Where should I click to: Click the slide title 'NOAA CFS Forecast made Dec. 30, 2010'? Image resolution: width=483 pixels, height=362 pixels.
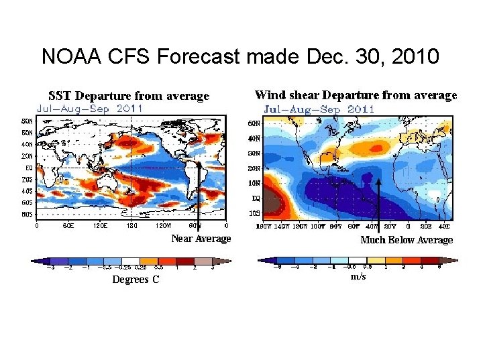pos(240,56)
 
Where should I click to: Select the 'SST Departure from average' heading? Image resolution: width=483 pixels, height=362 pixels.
pos(129,97)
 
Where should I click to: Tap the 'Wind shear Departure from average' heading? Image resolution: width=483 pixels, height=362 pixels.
pos(356,96)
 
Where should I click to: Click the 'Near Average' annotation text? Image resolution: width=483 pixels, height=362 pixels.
pos(201,239)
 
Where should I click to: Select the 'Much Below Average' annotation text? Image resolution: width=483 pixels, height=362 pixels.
pos(407,239)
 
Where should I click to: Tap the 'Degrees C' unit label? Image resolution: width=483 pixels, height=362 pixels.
pos(136,279)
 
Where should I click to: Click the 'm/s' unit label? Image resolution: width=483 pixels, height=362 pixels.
pos(358,277)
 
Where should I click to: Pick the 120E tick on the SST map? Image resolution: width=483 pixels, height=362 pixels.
pos(101,226)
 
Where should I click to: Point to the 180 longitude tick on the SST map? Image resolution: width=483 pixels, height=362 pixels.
pos(132,226)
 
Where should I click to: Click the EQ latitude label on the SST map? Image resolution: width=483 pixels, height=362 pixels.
pos(29,168)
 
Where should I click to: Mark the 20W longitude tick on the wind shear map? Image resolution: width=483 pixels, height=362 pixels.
pos(390,227)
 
